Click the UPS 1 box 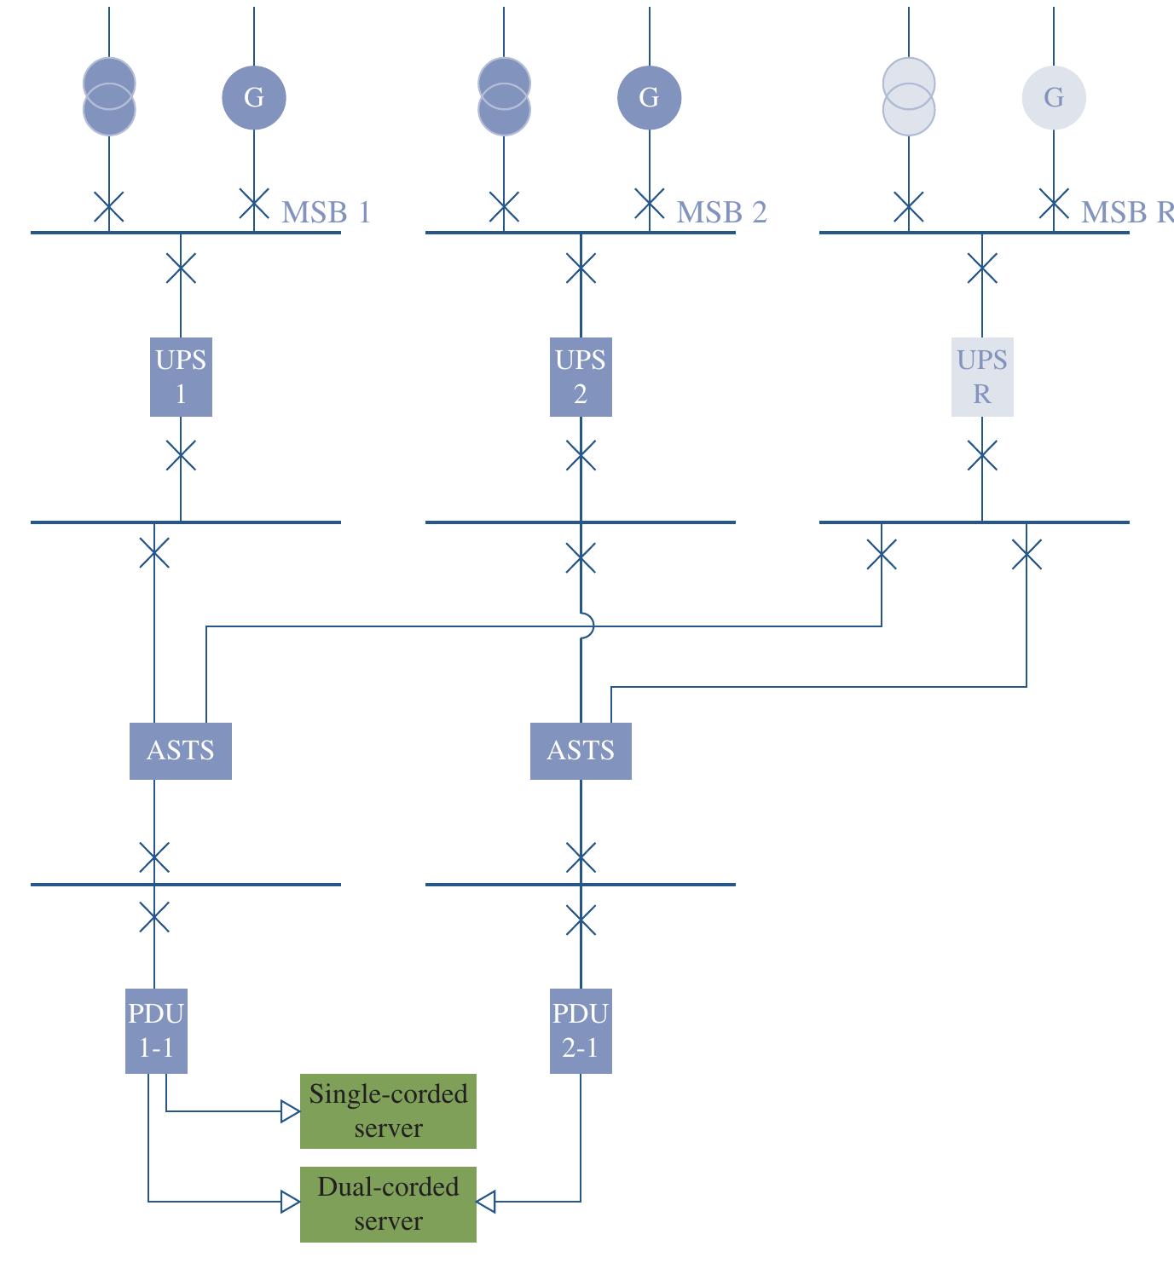click(x=181, y=377)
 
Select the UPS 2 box click(x=581, y=377)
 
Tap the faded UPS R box click(x=982, y=377)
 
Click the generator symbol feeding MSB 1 click(x=254, y=97)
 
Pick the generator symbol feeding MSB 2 click(x=649, y=97)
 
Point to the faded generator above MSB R click(x=1054, y=97)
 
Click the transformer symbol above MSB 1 click(x=109, y=96)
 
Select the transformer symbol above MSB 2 click(x=504, y=96)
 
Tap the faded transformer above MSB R click(x=909, y=96)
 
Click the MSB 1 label click(x=326, y=211)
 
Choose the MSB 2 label click(x=721, y=211)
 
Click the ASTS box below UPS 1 click(x=181, y=751)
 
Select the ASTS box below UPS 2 click(x=581, y=751)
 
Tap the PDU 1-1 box click(x=156, y=1030)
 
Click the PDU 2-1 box click(x=581, y=1030)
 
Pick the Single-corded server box click(x=388, y=1111)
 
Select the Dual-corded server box click(x=388, y=1204)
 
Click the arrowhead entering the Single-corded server click(x=291, y=1111)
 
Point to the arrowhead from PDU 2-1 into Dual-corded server click(x=485, y=1202)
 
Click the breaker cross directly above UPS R click(x=982, y=269)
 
